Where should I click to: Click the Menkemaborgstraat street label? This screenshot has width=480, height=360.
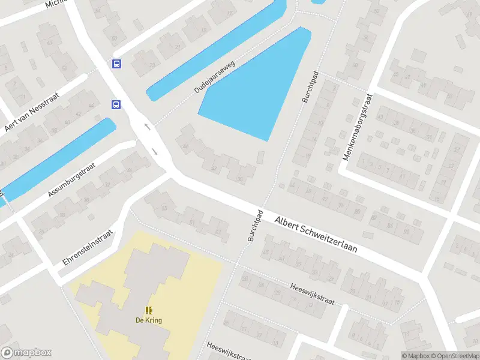point(358,127)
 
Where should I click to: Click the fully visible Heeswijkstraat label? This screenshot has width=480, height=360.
point(311,294)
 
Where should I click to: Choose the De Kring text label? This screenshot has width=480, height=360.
point(148,320)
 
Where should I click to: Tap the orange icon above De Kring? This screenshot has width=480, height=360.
point(148,310)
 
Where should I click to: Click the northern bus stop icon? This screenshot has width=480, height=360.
point(116,64)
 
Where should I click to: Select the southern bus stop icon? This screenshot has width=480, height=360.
point(115,104)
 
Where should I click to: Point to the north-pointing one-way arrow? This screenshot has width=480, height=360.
point(147,127)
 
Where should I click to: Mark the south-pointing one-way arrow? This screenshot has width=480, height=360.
point(155,151)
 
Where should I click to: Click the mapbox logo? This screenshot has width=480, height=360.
point(26,353)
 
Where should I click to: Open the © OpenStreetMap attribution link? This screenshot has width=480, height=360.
point(453,356)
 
